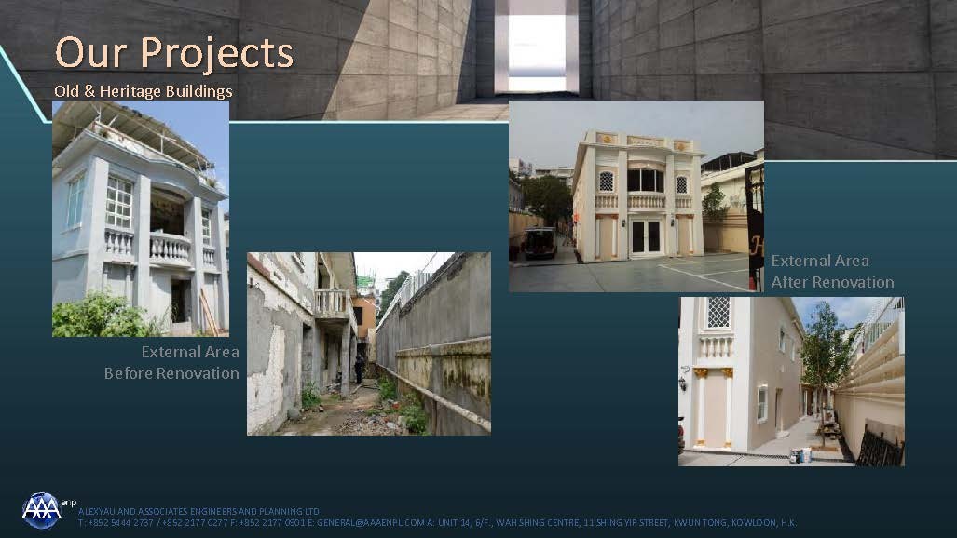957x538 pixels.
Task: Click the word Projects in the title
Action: coord(217,54)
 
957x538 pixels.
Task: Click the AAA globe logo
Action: coord(42,511)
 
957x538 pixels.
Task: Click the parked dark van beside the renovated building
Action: coord(540,243)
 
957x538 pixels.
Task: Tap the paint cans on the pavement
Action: coord(801,455)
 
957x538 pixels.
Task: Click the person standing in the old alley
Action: coord(360,369)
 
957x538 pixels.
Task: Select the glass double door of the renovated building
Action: coord(646,236)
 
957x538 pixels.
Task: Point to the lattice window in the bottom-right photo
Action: coord(718,313)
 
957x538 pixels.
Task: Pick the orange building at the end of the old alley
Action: coord(365,317)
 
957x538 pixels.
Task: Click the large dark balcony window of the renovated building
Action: coord(646,181)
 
